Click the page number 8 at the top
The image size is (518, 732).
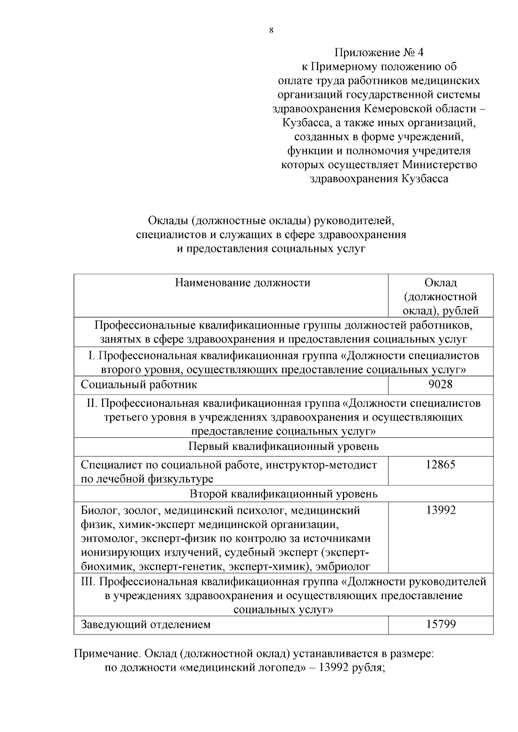pos(271,30)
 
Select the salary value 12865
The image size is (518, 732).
pos(440,465)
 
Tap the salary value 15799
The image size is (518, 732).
pos(441,624)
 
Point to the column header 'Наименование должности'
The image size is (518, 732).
pos(243,283)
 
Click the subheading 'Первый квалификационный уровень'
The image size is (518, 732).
pos(284,446)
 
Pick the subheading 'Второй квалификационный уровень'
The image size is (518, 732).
pos(284,494)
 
